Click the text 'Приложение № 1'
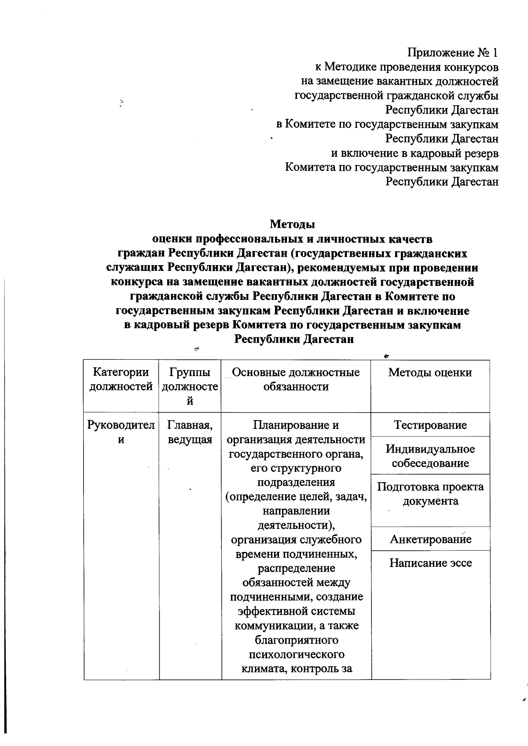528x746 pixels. (x=452, y=53)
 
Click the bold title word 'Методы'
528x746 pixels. (x=292, y=224)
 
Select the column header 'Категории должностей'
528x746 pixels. (x=121, y=380)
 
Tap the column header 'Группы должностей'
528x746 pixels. (x=190, y=386)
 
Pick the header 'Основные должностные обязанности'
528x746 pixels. (x=296, y=380)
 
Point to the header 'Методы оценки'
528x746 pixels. (x=430, y=373)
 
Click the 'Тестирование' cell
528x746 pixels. (x=430, y=425)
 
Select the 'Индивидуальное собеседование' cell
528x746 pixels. (x=430, y=456)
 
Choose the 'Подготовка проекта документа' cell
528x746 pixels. (x=430, y=494)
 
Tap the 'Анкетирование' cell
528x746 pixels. (x=430, y=539)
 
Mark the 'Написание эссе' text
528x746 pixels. (x=430, y=563)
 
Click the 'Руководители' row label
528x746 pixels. (x=121, y=432)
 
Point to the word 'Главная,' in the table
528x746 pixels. (x=190, y=425)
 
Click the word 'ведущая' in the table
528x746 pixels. (x=190, y=439)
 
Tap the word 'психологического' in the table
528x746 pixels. (x=296, y=654)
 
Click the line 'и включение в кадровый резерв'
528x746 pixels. (x=414, y=153)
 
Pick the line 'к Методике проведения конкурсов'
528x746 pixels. (x=407, y=67)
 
